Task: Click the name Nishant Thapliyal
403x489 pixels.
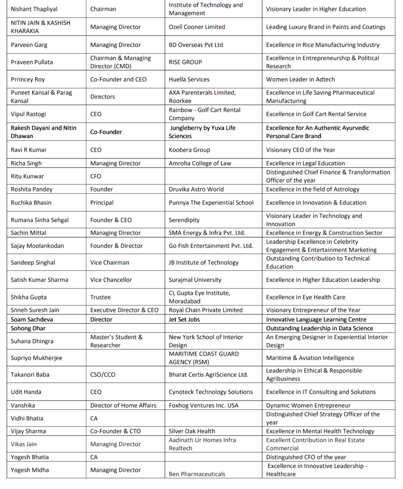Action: (34, 9)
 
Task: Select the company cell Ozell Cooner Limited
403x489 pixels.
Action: (197, 27)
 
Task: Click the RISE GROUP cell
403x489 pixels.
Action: (185, 62)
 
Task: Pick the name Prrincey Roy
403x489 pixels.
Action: (28, 79)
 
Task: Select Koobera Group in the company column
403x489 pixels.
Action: (189, 150)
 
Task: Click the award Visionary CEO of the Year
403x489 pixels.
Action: (300, 150)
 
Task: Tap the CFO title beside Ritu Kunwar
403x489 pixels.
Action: (96, 176)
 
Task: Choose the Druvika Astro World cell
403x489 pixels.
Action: (196, 189)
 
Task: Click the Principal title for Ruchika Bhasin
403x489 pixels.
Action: (102, 203)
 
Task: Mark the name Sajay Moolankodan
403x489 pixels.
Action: (37, 246)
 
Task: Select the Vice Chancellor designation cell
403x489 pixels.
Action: (111, 280)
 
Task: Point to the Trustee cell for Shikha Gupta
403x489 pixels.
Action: (100, 297)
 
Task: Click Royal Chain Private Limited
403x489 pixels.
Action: (206, 310)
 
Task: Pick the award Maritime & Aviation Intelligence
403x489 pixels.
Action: (310, 358)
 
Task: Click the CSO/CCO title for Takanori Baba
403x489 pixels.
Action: (102, 374)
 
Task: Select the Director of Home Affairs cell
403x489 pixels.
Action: (123, 405)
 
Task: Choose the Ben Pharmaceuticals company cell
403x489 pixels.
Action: (197, 474)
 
